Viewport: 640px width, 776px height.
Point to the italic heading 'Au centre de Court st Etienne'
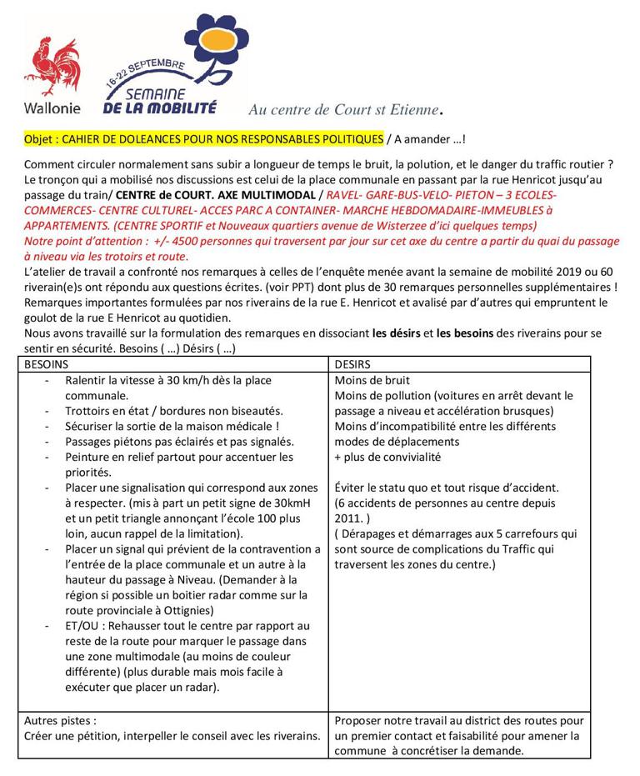344,110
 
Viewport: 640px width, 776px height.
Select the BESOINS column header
47,364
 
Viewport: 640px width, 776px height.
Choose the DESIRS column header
352,364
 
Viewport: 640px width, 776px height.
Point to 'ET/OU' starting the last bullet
82,625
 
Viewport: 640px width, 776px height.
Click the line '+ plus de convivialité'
387,457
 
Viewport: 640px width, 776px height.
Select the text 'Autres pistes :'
61,720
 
